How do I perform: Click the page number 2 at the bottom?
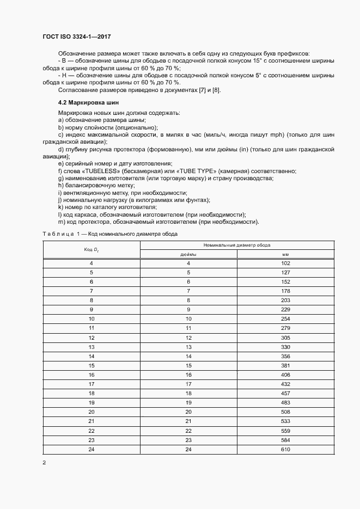[44, 463]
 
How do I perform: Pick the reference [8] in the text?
[216, 90]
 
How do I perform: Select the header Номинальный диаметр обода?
[237, 246]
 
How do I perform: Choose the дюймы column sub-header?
[188, 254]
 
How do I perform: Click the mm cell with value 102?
[285, 263]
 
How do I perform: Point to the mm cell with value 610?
[285, 450]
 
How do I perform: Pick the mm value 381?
[285, 366]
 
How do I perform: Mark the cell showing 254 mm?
[285, 319]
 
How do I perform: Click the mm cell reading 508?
[285, 412]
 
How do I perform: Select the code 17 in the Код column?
[91, 384]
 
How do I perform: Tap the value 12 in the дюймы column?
[188, 338]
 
